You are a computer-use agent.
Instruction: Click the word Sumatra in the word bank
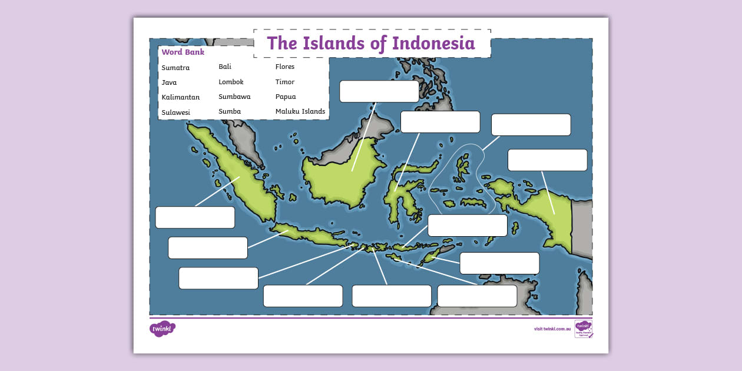(175, 68)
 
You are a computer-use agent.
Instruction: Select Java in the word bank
(169, 82)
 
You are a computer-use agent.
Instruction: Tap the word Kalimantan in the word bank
(180, 97)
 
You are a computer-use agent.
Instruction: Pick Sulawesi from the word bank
(175, 112)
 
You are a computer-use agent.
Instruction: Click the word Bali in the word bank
(225, 67)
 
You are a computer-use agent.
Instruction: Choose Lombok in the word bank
(231, 82)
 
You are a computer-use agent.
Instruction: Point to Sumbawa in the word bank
(234, 97)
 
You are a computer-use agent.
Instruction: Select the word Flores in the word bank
(285, 67)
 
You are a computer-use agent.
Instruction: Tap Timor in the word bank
(285, 82)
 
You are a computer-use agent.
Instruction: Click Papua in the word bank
(286, 97)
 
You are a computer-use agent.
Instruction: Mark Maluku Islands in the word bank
(300, 111)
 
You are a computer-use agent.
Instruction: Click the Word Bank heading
(183, 52)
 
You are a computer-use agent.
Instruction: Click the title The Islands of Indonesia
(371, 43)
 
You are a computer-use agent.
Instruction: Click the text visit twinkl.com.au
(552, 329)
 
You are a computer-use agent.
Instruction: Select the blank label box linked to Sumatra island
(195, 217)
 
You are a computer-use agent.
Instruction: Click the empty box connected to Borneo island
(379, 91)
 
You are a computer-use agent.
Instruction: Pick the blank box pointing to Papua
(547, 160)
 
